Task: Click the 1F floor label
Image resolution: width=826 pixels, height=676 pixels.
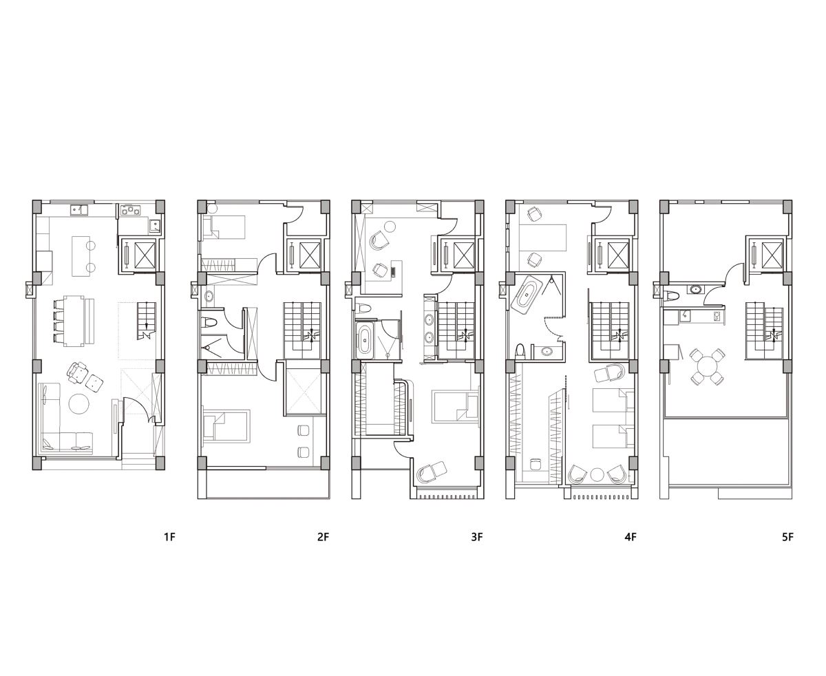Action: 169,536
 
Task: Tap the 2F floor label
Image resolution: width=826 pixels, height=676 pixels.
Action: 323,536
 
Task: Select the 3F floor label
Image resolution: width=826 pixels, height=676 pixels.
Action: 477,536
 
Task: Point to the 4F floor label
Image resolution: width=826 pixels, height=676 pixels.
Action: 631,536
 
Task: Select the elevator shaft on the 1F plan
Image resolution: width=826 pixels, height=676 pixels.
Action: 145,255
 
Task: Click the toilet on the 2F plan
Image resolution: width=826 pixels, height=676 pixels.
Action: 208,323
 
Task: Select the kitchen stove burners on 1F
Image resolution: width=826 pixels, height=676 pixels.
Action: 130,210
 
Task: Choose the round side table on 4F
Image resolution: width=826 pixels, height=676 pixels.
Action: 597,475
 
